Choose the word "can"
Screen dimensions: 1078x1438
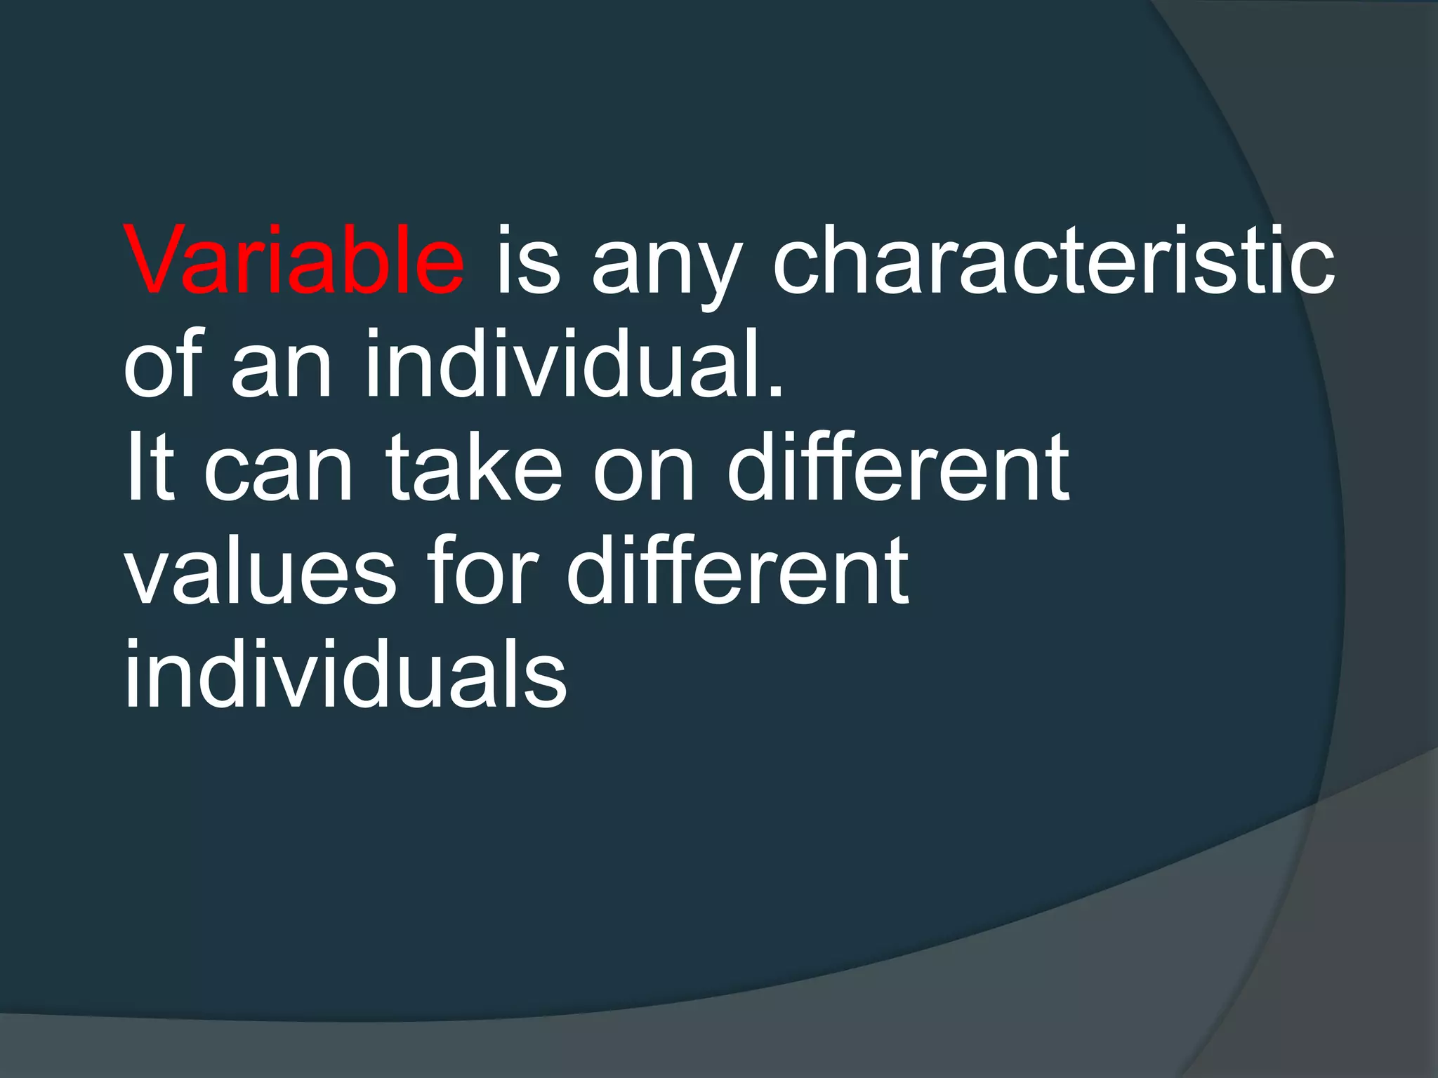pos(278,474)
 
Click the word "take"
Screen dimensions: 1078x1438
pos(475,466)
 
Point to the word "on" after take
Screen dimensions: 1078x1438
pos(645,474)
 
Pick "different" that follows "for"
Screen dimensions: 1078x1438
pos(737,568)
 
